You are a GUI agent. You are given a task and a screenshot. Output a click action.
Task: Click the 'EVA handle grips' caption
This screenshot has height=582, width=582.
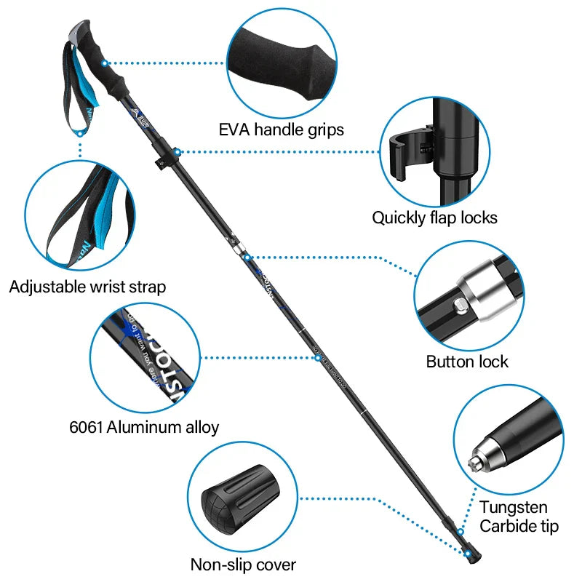click(x=282, y=130)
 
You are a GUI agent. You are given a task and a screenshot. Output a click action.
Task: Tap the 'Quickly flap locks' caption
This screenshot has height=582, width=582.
click(x=435, y=217)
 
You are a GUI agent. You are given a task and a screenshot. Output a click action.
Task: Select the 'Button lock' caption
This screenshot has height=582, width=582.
click(x=467, y=362)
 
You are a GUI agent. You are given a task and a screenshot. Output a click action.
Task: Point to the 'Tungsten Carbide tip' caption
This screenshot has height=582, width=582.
click(x=519, y=517)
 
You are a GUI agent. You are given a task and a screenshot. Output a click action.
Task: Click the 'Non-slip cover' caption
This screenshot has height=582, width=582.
click(x=243, y=564)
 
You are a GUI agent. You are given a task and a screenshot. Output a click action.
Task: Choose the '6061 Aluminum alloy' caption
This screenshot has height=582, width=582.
click(x=144, y=427)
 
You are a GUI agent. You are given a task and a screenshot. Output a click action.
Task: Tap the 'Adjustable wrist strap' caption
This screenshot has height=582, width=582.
click(x=87, y=287)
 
